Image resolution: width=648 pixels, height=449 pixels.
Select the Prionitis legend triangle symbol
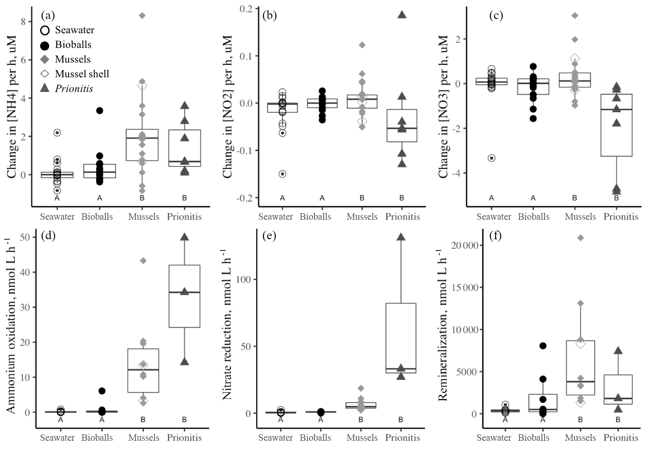pos(44,89)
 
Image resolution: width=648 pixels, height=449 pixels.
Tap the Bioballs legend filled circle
pos(44,44)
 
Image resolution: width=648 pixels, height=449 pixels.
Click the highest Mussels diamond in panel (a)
pos(142,16)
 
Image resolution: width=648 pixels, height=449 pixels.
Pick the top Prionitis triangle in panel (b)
pos(402,14)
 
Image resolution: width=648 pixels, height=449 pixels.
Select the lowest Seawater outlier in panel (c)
pos(491,158)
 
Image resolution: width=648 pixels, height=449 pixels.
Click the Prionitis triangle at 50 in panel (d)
pos(184,237)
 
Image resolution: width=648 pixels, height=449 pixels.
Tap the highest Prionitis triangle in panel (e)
pos(401,237)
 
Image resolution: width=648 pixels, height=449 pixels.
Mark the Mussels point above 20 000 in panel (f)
pos(580,237)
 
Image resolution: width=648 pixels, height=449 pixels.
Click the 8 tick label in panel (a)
pos(24,22)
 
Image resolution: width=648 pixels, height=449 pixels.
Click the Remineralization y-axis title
pos(443,326)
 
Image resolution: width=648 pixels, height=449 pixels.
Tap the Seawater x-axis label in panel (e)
pos(276,437)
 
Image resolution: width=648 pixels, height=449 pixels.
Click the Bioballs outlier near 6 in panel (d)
pos(102,391)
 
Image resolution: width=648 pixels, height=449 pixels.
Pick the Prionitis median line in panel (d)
pos(184,292)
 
